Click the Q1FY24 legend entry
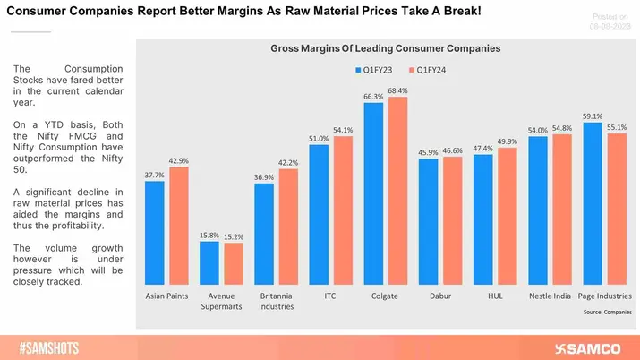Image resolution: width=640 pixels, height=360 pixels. coord(431,68)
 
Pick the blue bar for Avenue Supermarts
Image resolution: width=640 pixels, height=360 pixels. coord(209,261)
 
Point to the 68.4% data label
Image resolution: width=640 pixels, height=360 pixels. coord(397,90)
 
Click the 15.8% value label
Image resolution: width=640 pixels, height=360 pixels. coord(209,235)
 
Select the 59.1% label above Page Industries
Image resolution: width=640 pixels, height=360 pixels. coord(593,116)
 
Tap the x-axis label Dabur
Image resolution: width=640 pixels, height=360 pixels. coord(440,295)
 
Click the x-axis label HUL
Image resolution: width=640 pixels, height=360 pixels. coord(495,295)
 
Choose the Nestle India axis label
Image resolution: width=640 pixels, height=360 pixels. coord(550,295)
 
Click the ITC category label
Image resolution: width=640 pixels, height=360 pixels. coord(331,295)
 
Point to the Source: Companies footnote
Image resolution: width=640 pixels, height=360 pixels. coord(606,313)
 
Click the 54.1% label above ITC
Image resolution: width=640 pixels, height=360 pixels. coord(343,129)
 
